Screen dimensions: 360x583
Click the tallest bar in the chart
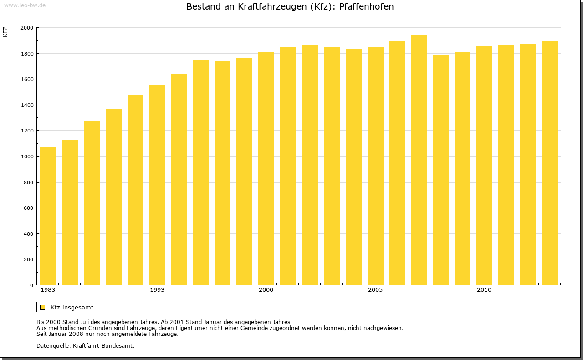[419, 160]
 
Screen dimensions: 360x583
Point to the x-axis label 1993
[157, 290]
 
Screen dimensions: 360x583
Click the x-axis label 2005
[375, 290]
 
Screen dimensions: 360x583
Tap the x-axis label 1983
[48, 290]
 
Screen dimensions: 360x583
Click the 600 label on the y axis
[28, 208]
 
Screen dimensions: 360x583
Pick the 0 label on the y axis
[31, 285]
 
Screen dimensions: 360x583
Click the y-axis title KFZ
[5, 32]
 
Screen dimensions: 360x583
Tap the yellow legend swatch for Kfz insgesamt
[42, 307]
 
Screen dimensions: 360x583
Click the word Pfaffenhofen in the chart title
[367, 7]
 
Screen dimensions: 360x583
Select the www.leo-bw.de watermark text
[25, 5]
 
